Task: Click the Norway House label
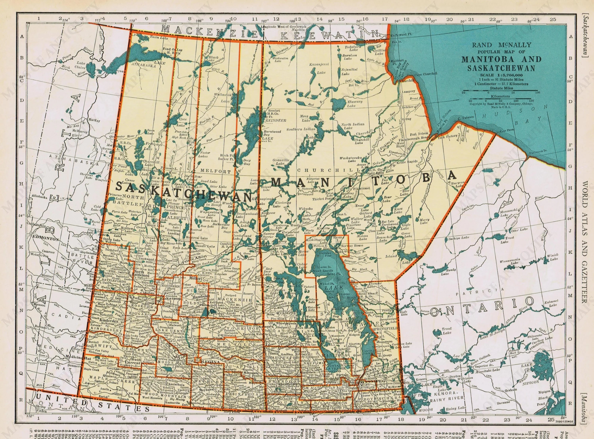(352, 246)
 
